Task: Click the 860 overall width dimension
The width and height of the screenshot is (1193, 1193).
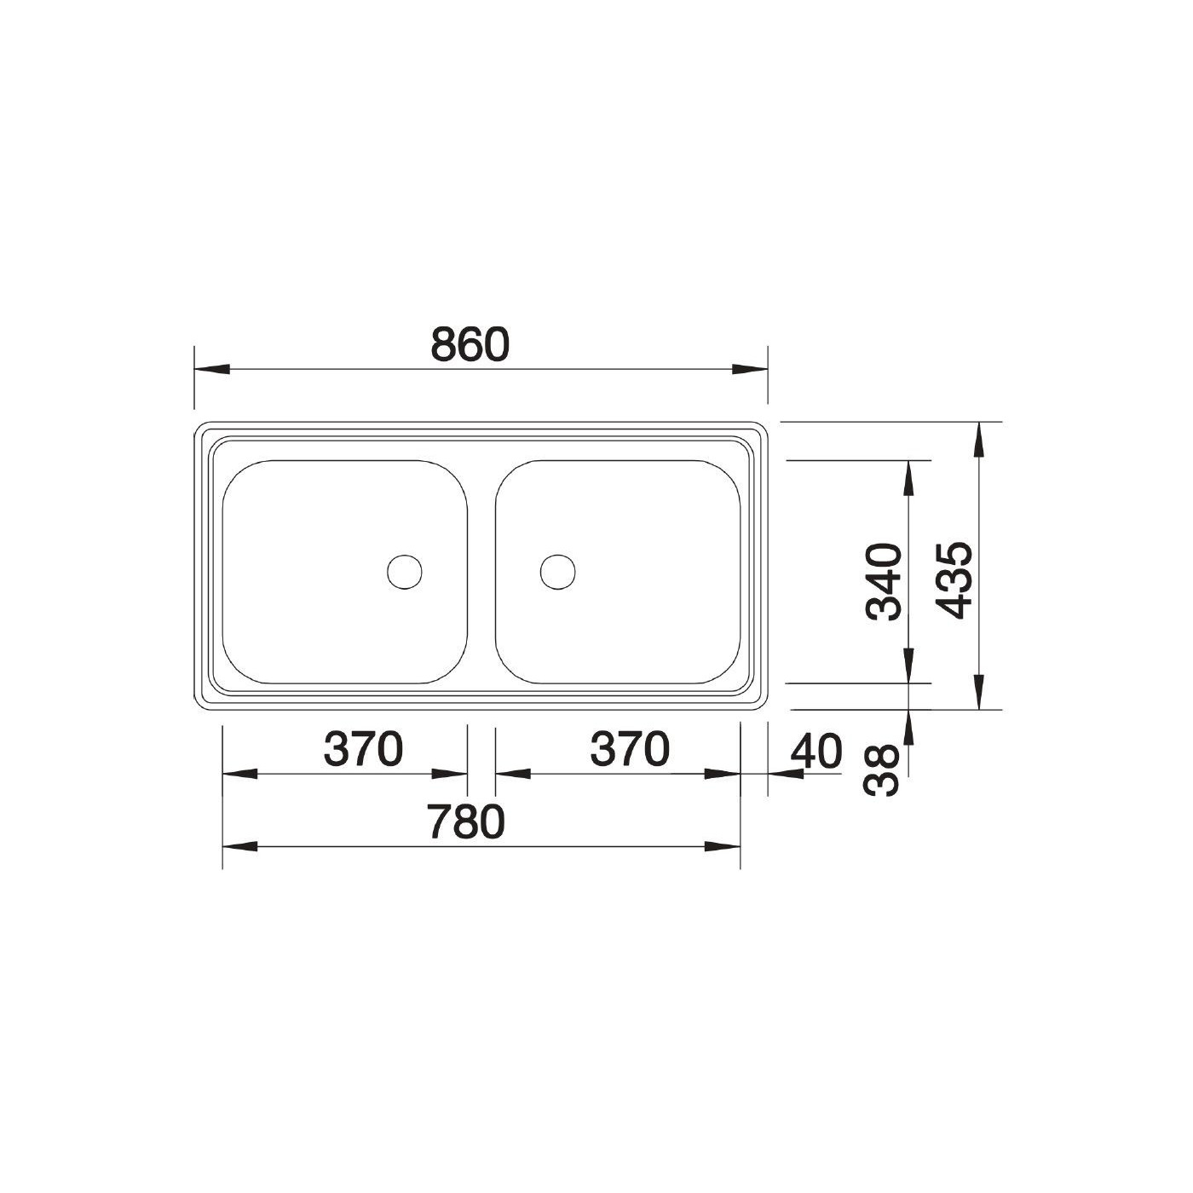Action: click(x=470, y=345)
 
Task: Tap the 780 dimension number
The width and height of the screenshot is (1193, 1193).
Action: click(x=467, y=822)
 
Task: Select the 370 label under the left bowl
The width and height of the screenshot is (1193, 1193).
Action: click(x=363, y=748)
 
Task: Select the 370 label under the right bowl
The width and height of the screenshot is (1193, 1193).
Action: click(x=630, y=748)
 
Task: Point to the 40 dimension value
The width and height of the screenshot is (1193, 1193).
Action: click(x=816, y=751)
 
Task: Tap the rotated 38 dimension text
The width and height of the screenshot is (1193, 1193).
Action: click(x=881, y=770)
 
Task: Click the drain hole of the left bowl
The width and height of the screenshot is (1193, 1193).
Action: click(x=404, y=572)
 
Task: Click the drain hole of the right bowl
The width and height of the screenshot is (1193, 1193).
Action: click(x=557, y=572)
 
